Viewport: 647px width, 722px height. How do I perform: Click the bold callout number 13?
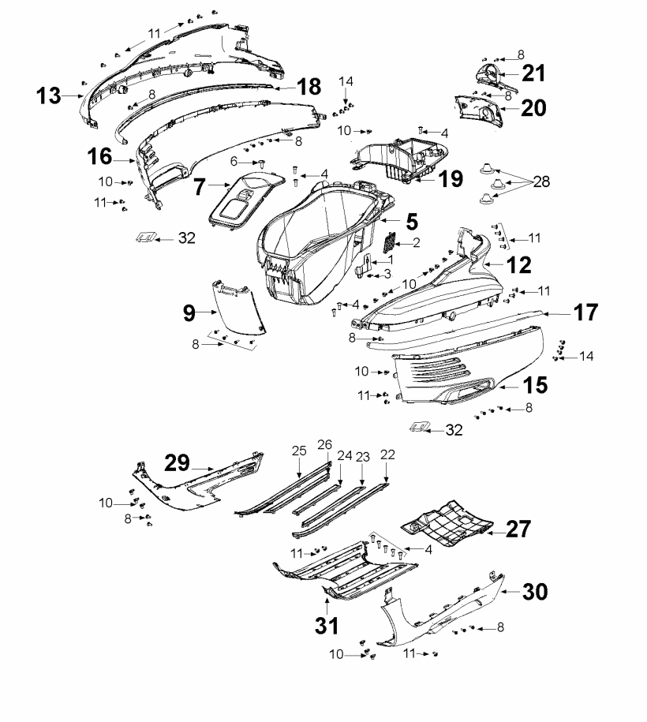(48, 95)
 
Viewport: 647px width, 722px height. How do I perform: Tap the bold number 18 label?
(309, 87)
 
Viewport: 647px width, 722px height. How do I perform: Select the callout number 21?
(533, 73)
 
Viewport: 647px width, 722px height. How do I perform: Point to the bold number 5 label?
(412, 222)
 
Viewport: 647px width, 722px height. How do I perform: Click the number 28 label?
(541, 181)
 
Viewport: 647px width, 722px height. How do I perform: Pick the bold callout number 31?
(327, 626)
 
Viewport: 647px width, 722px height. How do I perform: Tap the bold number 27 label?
(518, 529)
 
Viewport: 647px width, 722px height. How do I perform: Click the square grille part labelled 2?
(390, 241)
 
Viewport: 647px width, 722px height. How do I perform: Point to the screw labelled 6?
(262, 163)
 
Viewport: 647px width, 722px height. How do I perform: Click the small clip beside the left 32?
(146, 238)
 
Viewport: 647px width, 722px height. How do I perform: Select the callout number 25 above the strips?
(299, 451)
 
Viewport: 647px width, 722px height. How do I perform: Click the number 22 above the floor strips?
(387, 455)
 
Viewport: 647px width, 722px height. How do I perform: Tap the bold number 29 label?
(178, 462)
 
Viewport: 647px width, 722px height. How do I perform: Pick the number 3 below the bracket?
(387, 274)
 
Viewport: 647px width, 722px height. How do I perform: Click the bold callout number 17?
(585, 312)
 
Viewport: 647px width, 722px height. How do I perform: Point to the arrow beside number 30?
(510, 592)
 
